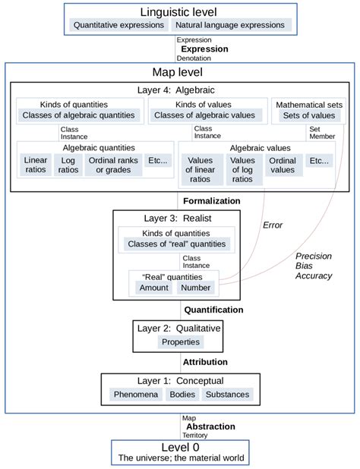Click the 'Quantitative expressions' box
click(118, 25)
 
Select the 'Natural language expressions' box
click(230, 25)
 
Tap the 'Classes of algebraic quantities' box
click(78, 115)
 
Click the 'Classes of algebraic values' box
click(204, 115)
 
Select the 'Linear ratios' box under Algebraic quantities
click(36, 165)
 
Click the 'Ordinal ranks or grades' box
click(112, 165)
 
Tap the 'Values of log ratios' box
click(242, 169)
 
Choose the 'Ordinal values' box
click(283, 165)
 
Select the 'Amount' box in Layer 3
click(154, 288)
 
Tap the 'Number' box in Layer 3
click(195, 288)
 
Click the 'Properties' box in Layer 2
click(180, 342)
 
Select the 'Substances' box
click(226, 395)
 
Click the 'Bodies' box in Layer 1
click(182, 395)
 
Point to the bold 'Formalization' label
click(211, 201)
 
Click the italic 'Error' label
click(272, 225)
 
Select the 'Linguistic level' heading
click(178, 11)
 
